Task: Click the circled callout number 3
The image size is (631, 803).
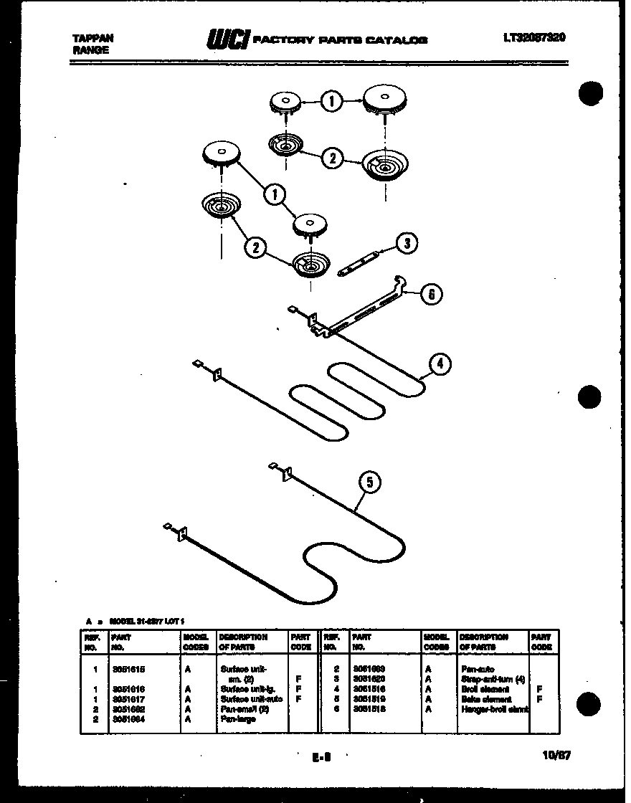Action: [407, 243]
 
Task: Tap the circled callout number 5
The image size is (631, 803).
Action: [369, 483]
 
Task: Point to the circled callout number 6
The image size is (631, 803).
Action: [430, 294]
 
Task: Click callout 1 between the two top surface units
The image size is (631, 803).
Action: [331, 102]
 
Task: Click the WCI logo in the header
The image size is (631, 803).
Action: [227, 40]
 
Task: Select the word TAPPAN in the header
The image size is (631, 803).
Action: [92, 38]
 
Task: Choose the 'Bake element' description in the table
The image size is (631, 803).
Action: [485, 699]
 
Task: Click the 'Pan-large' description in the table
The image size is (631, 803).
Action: [238, 718]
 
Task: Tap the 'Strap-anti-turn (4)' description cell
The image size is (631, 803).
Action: [493, 679]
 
